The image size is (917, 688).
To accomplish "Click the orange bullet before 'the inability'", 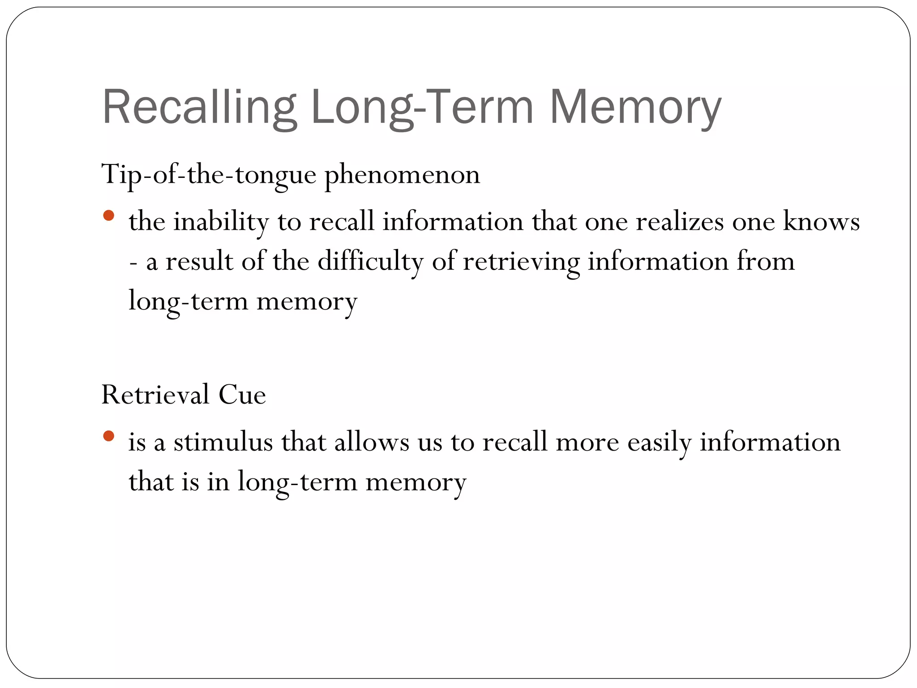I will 108,216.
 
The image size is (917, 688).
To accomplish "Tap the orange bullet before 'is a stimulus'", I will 108,436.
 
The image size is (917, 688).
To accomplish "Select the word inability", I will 221,221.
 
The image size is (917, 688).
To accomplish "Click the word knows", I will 821,221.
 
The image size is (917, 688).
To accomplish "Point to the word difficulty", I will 370,261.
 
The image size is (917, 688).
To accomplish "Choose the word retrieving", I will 521,261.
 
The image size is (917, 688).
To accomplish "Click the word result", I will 199,261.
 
